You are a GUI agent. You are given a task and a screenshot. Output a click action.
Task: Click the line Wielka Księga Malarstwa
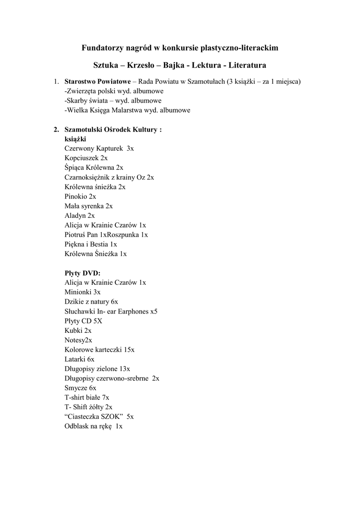tap(127, 110)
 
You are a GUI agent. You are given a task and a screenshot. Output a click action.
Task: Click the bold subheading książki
tap(75, 139)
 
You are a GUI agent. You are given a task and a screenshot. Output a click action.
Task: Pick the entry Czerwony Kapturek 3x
tap(99, 148)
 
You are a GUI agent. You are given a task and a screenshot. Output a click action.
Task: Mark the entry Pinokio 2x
tap(80, 196)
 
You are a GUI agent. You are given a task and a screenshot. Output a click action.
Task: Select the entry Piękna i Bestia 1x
tap(90, 244)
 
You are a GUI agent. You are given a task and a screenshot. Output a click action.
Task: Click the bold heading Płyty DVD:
tap(82, 273)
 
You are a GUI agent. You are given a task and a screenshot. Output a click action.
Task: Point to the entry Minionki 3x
tap(82, 292)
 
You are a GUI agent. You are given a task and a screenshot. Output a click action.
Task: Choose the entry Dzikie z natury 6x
tap(91, 302)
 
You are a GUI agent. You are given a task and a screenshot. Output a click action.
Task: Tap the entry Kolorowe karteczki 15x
tap(99, 350)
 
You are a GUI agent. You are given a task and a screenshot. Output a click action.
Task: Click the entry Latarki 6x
tap(79, 359)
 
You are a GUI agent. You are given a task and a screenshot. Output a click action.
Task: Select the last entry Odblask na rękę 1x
tap(93, 426)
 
